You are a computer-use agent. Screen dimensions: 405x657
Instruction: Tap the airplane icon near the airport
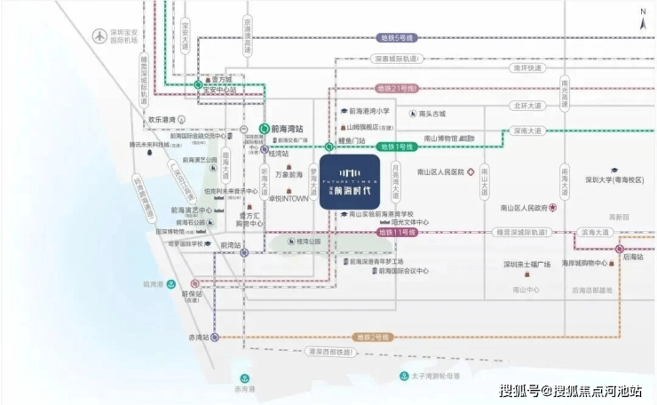coord(98,36)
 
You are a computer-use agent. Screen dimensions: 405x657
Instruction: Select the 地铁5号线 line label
coord(396,38)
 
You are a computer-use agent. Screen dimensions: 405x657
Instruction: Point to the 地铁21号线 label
coord(397,89)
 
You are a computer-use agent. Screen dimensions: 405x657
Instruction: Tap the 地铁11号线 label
coord(398,232)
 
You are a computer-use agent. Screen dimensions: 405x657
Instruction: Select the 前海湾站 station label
coord(287,129)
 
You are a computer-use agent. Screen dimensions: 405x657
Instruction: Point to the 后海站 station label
coord(632,256)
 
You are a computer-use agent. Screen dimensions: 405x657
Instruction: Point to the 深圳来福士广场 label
coord(527,265)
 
